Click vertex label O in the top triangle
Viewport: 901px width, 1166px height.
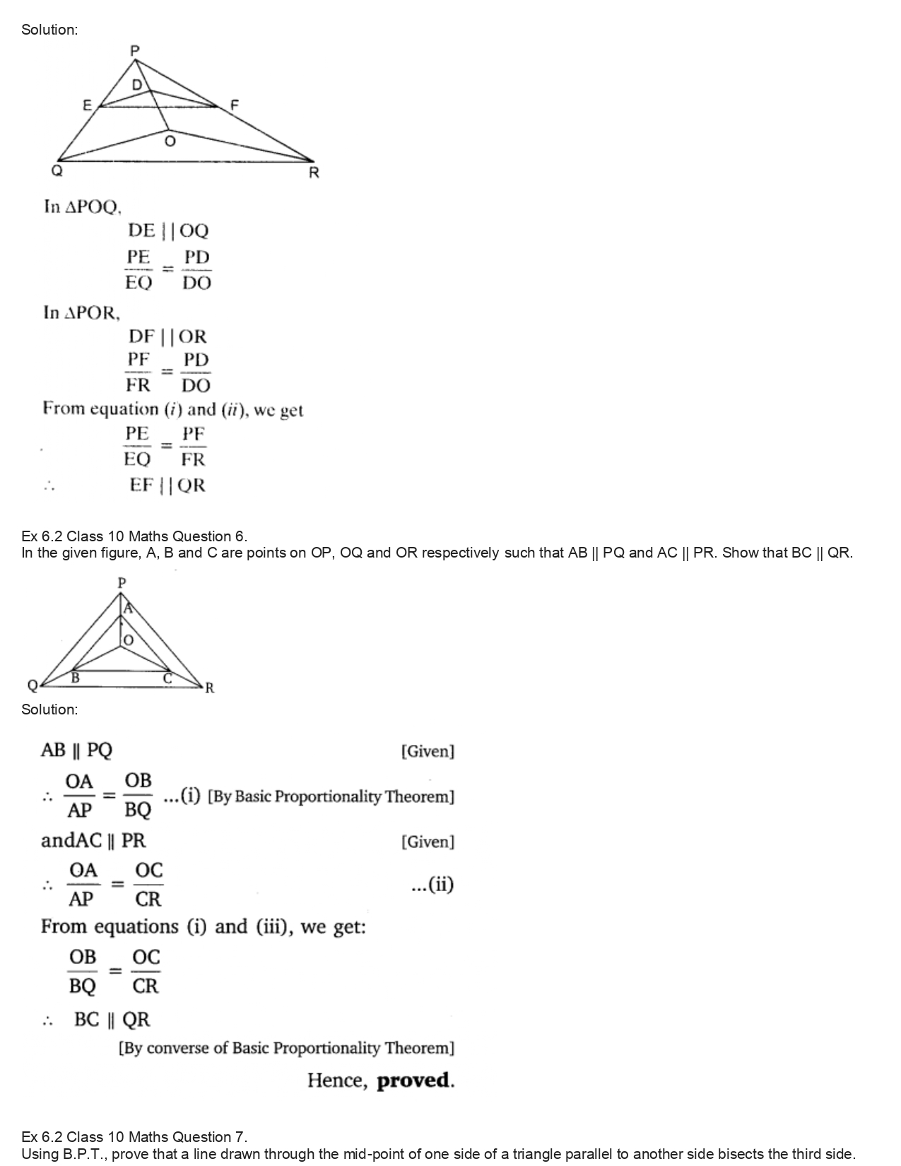(x=169, y=142)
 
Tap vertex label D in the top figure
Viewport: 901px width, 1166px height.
(x=137, y=85)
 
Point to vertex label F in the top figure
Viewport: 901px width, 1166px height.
(x=235, y=105)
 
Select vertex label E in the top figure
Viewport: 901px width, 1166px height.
(x=87, y=105)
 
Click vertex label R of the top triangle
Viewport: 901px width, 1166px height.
(x=314, y=173)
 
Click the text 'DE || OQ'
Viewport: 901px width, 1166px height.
(x=168, y=230)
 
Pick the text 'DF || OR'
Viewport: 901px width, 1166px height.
(x=167, y=336)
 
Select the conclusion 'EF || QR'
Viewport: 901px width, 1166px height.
(x=167, y=485)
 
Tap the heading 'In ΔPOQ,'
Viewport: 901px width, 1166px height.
(x=83, y=207)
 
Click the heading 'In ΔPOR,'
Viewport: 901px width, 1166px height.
(x=81, y=312)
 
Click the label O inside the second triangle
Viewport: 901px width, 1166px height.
(x=128, y=640)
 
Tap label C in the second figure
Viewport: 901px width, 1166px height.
(x=167, y=678)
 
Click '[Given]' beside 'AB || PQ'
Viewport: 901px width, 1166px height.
(x=428, y=751)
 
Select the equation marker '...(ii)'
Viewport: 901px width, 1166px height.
(x=432, y=884)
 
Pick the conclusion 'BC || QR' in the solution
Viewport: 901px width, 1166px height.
(x=112, y=1019)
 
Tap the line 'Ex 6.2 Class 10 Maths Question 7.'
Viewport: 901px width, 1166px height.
(x=134, y=1137)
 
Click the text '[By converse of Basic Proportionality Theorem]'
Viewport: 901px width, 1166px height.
(x=286, y=1047)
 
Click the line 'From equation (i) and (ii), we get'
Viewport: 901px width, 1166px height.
(x=173, y=409)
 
